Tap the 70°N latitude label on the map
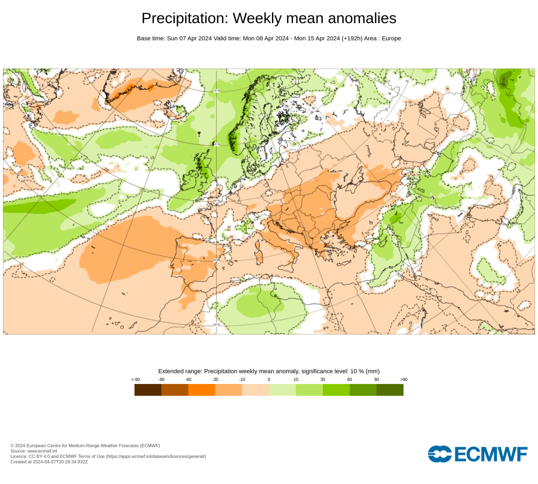(216, 91)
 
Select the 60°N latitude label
(216, 145)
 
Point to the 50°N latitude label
(216, 201)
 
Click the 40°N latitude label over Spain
(216, 260)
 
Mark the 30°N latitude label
(216, 324)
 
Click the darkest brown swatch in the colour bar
(148, 390)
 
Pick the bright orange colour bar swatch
(202, 390)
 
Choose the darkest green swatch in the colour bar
(390, 390)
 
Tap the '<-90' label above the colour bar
(135, 379)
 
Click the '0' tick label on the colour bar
(269, 379)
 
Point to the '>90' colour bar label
(403, 379)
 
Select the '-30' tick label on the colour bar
(215, 379)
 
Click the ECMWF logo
(477, 454)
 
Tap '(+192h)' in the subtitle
(352, 38)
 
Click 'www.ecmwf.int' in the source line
(42, 451)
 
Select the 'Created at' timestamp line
(49, 462)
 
